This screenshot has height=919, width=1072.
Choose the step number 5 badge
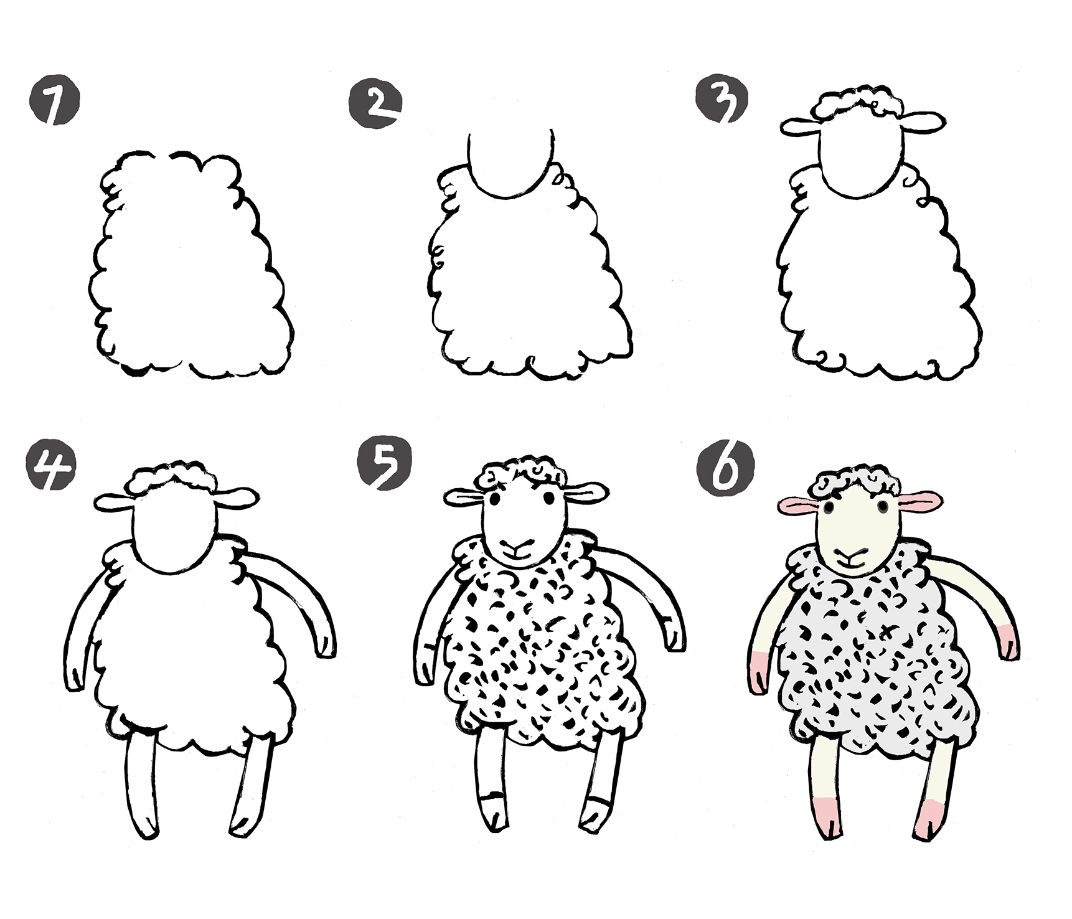tap(385, 464)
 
